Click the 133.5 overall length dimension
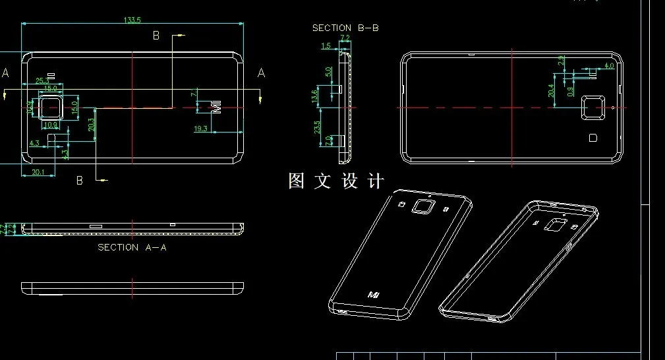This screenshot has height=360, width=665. [132, 20]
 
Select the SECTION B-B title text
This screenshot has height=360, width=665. [345, 28]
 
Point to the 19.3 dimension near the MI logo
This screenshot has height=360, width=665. [201, 129]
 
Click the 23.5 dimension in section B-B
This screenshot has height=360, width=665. [317, 127]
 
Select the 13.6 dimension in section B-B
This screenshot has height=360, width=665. [316, 96]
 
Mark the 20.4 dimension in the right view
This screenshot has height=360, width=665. [552, 91]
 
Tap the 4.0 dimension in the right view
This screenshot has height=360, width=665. [609, 66]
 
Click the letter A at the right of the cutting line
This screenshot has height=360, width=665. [261, 73]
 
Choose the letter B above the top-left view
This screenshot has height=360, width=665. [156, 36]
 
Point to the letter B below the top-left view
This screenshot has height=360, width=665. [80, 180]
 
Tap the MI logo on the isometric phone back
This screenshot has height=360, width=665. [374, 294]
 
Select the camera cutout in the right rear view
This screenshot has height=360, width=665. [593, 107]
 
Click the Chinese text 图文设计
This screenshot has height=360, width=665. [335, 181]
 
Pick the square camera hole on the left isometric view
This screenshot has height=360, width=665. [422, 207]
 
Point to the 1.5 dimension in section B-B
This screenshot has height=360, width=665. [326, 46]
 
